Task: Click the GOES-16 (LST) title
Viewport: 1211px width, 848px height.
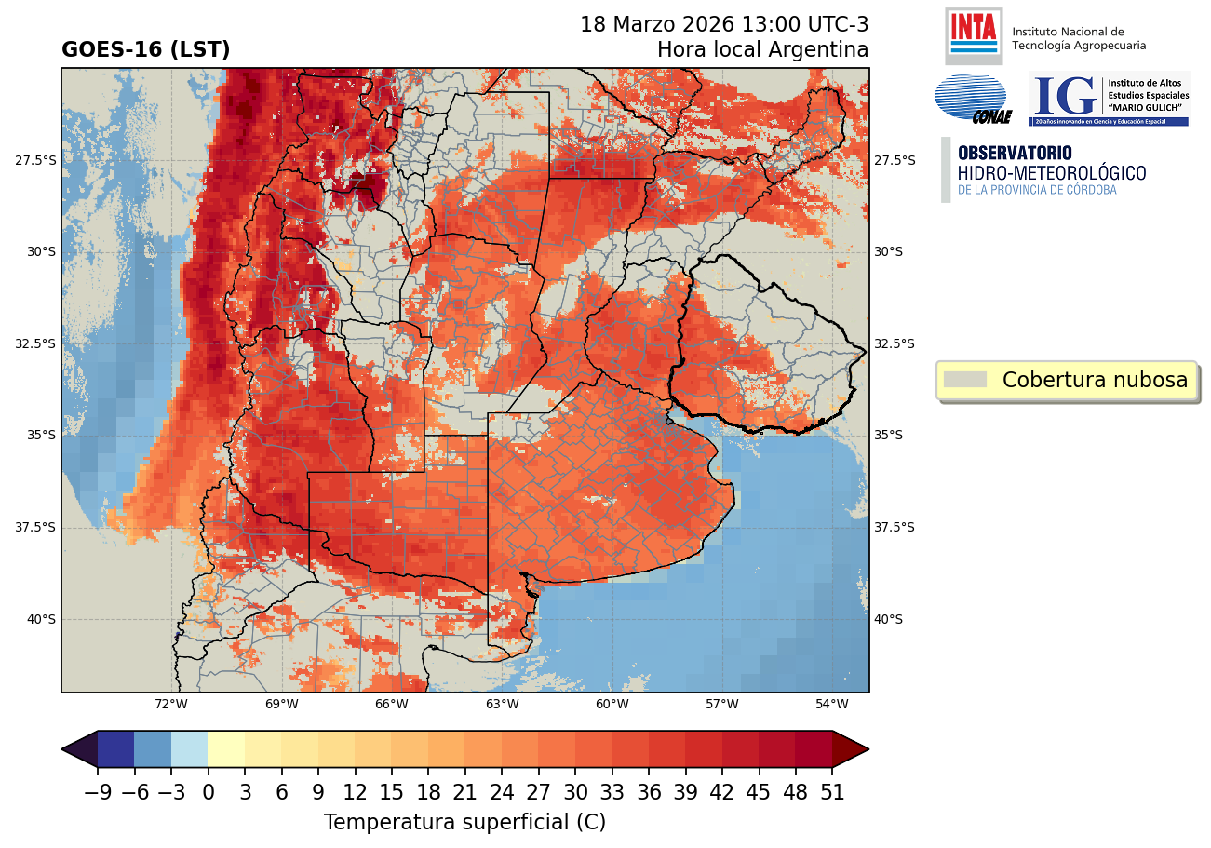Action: tap(145, 50)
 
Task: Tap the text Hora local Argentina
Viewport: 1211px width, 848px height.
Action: tap(762, 49)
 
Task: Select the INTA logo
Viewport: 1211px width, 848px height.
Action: tap(973, 34)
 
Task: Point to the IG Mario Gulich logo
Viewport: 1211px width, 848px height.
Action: tap(1108, 99)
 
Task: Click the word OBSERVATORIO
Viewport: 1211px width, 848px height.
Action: tap(1014, 153)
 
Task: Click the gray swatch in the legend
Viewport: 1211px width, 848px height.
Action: tap(964, 380)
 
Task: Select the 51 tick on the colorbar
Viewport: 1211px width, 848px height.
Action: tap(832, 793)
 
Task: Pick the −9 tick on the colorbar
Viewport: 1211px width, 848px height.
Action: tap(98, 793)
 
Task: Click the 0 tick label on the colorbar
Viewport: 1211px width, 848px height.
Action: tap(208, 793)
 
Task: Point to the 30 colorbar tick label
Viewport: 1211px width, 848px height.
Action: tap(575, 793)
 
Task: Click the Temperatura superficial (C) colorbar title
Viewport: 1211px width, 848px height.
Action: tap(464, 823)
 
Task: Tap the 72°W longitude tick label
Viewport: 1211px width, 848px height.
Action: tap(171, 704)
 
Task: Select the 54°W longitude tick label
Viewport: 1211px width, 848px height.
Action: tap(831, 704)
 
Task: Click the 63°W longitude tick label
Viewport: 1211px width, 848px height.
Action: tap(502, 704)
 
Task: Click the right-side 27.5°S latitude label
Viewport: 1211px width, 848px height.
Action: tap(895, 161)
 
